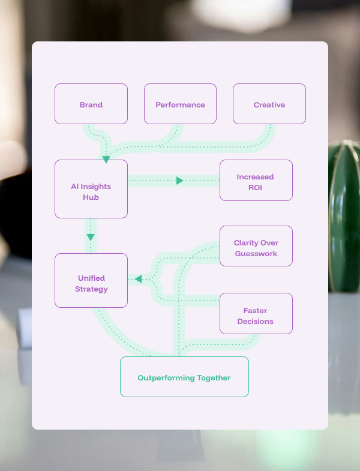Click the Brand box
click(x=91, y=104)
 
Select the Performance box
click(x=180, y=104)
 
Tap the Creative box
click(x=269, y=104)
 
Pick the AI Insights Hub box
click(x=91, y=189)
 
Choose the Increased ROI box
click(x=256, y=180)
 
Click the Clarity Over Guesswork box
click(x=256, y=246)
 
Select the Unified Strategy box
click(x=91, y=281)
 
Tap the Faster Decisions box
click(x=256, y=313)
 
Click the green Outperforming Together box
click(x=184, y=377)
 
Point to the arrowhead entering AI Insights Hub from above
click(x=106, y=160)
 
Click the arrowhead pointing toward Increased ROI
click(x=179, y=181)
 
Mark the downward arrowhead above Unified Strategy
click(x=91, y=238)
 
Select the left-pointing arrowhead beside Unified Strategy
click(x=138, y=279)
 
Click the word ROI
click(x=256, y=187)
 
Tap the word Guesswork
click(x=256, y=253)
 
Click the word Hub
click(x=91, y=197)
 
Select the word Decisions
click(x=255, y=322)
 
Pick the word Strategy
click(x=91, y=289)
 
